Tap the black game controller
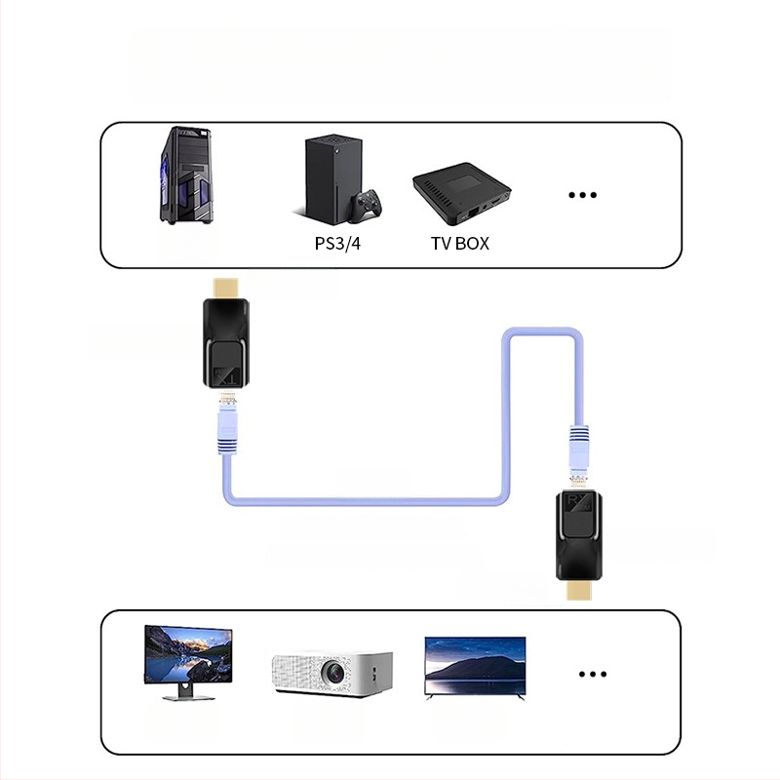click(x=368, y=204)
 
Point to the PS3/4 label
click(x=337, y=243)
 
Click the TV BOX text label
click(x=460, y=243)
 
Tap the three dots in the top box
click(x=582, y=195)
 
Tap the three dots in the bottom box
click(x=593, y=674)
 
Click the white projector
click(x=331, y=672)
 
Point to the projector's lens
click(x=333, y=671)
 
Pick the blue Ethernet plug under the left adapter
click(x=228, y=430)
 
